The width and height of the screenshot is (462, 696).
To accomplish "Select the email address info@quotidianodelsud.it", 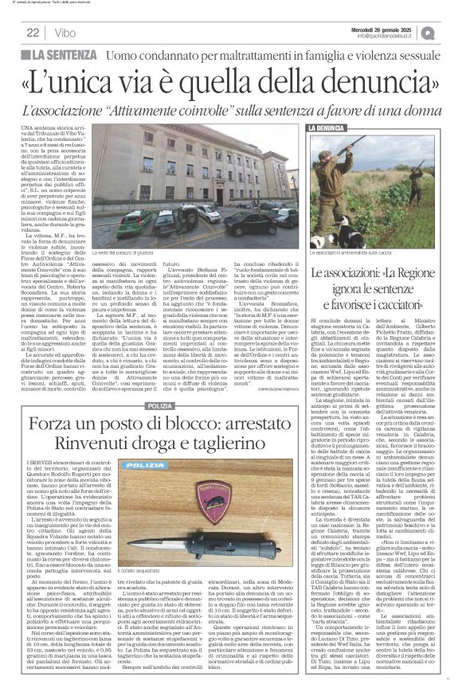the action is [394, 36].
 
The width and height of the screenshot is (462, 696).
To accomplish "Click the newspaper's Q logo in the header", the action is [450, 31].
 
